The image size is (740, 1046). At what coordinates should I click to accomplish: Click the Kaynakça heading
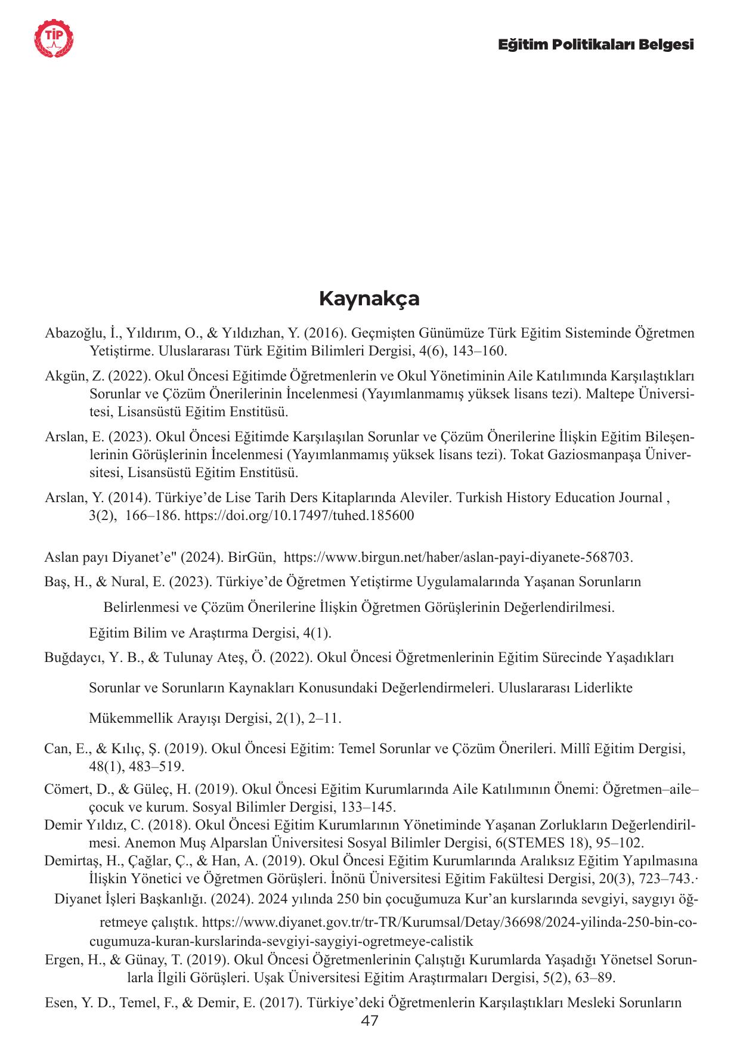click(369, 298)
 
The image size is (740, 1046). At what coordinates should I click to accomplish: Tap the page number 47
click(370, 1021)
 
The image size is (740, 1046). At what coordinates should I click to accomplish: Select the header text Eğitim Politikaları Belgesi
click(596, 45)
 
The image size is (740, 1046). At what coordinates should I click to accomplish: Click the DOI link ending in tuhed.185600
click(299, 515)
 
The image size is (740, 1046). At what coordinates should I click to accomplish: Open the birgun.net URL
click(458, 558)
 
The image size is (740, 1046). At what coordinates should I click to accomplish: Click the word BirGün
click(252, 558)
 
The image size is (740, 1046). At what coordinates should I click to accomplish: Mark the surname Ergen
click(63, 960)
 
